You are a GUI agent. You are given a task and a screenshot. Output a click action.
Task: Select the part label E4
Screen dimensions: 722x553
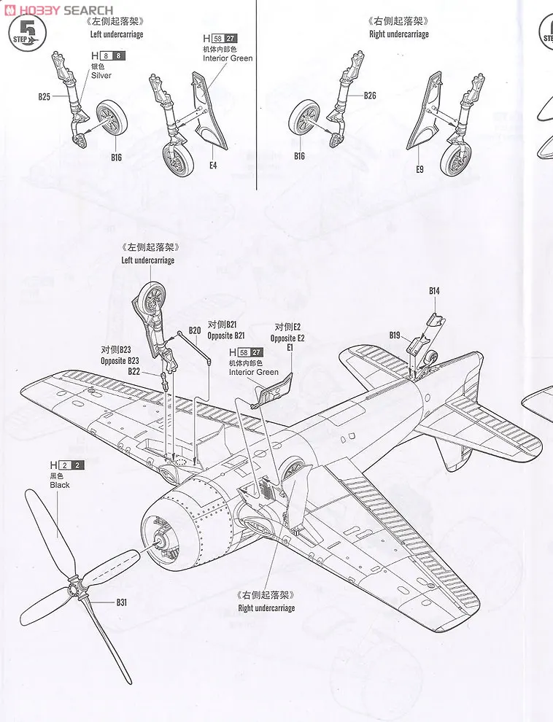213,166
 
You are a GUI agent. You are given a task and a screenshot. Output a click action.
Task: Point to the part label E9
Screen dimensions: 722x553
419,170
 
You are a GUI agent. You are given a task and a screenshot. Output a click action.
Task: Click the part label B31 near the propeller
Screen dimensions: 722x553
121,602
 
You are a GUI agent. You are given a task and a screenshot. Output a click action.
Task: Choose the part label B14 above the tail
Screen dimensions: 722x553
434,291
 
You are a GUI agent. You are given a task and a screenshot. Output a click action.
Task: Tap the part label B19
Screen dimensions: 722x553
395,335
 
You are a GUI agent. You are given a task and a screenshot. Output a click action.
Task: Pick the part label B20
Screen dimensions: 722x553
194,330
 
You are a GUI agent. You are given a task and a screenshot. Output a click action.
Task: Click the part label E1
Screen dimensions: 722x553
289,349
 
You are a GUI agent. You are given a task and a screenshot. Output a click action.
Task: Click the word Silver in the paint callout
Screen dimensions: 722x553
102,75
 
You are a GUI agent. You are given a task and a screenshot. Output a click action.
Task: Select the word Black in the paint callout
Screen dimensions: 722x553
60,484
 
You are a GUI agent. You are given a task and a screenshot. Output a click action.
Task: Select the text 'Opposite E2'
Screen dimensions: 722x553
287,338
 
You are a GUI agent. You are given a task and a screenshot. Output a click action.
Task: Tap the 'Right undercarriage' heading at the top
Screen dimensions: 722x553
398,34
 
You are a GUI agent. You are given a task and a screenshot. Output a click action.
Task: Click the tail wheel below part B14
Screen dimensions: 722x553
431,357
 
